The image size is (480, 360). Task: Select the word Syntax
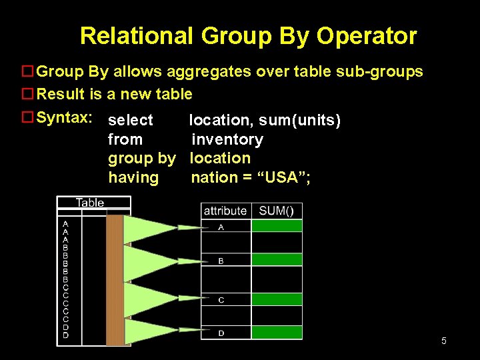(63, 118)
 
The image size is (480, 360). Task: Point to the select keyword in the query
(131, 121)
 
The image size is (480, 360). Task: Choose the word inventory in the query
(227, 139)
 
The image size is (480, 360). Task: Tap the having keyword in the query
(133, 177)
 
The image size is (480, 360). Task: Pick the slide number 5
(443, 341)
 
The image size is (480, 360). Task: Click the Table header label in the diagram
(90, 203)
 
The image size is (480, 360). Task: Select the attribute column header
(225, 211)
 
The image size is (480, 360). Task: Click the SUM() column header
(276, 211)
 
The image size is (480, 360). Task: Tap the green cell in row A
(277, 226)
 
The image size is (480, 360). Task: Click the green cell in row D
(277, 332)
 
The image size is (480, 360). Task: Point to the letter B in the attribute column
(221, 261)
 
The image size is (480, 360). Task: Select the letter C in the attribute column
(221, 300)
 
